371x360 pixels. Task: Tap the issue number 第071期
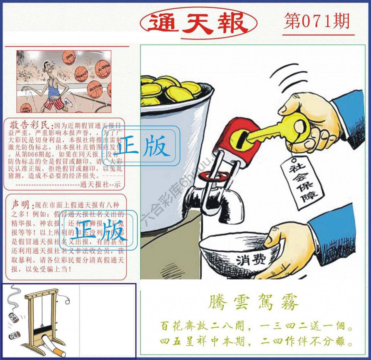click(317, 22)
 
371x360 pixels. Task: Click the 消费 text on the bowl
click(248, 261)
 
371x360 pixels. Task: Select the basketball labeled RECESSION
click(94, 88)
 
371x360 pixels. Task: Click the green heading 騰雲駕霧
click(254, 303)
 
